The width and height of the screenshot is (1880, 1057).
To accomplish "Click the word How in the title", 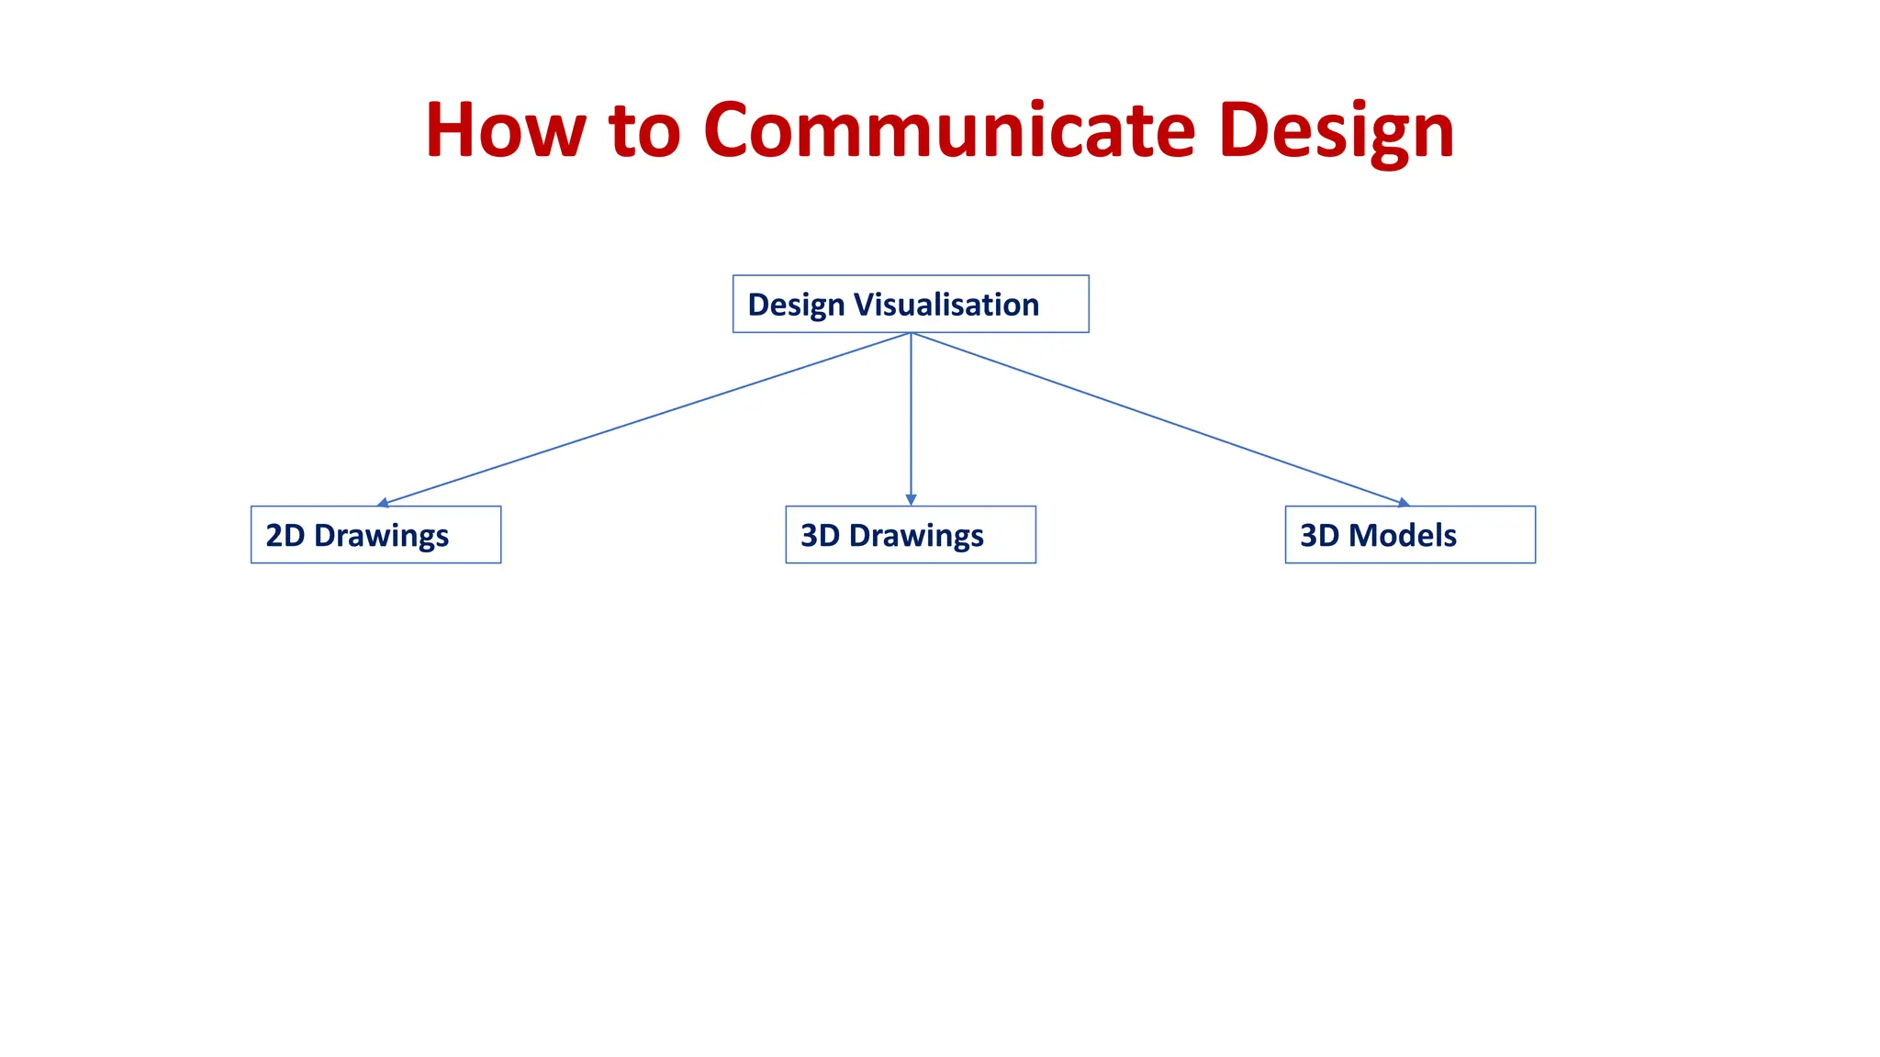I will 505,130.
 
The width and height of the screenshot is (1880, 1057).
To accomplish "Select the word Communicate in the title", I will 949,130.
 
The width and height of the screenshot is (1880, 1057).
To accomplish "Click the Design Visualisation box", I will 911,304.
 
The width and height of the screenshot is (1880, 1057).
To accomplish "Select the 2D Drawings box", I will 375,535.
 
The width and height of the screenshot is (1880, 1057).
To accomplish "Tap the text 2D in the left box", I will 285,535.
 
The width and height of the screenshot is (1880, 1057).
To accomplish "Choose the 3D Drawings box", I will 911,535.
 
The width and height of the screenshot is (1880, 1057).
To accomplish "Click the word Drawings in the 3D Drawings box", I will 916,536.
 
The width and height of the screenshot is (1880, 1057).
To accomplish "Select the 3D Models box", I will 1410,535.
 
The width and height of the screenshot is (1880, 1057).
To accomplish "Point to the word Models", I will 1403,535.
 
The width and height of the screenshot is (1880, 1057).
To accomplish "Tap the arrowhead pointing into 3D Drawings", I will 911,500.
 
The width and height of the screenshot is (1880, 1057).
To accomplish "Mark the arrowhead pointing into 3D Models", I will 1403,503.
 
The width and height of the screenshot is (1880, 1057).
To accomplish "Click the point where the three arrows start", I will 911,333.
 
